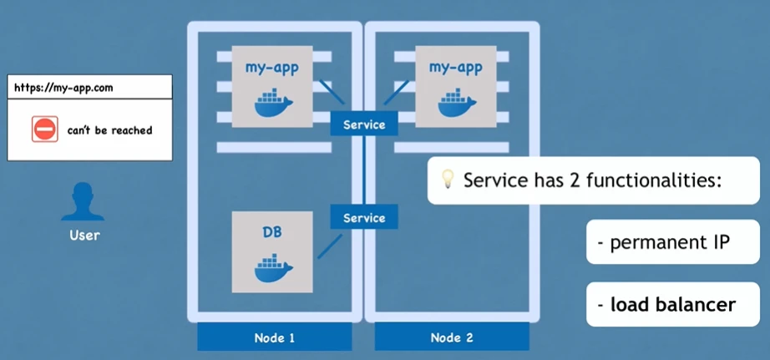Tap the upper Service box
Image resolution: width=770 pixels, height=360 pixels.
click(x=364, y=124)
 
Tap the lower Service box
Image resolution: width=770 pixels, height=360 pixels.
click(x=364, y=218)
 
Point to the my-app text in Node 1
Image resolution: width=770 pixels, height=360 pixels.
click(x=272, y=66)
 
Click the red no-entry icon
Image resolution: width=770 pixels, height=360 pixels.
click(x=45, y=129)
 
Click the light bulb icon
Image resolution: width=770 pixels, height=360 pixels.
click(x=448, y=179)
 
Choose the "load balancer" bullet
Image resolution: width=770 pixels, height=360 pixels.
click(x=666, y=304)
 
